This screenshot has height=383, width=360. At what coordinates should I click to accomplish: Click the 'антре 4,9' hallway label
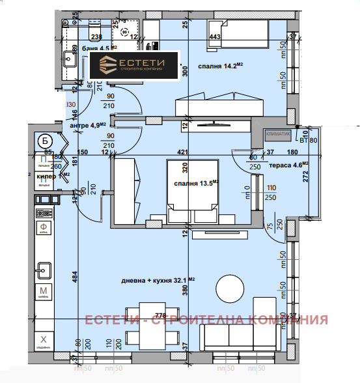pyautogui.click(x=88, y=126)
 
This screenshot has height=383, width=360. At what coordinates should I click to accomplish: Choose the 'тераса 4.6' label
pyautogui.click(x=291, y=165)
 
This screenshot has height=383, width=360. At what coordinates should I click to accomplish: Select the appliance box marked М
pyautogui.click(x=44, y=291)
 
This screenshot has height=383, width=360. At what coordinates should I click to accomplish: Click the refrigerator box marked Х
pyautogui.click(x=44, y=340)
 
